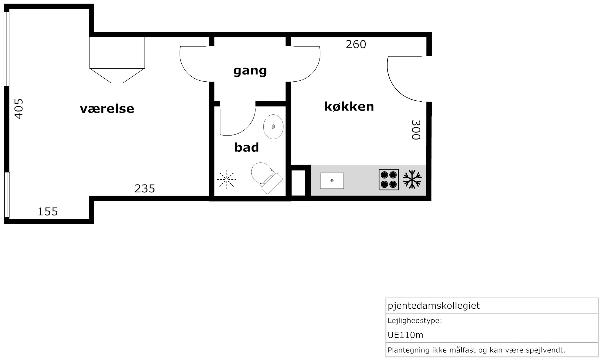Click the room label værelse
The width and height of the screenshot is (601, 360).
point(107,109)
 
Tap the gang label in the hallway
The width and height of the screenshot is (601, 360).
point(250,71)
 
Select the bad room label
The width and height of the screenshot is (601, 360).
point(247,147)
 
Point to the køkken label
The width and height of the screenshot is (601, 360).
point(349,106)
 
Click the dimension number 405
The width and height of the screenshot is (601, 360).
point(19,109)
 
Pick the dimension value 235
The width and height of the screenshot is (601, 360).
point(145,188)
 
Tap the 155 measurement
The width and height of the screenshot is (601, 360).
point(48,212)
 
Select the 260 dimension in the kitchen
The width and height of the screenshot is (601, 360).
point(356,44)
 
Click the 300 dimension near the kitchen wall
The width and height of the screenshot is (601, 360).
point(416,130)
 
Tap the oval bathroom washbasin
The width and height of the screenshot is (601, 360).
point(273,127)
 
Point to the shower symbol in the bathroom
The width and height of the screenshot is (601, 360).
point(227,179)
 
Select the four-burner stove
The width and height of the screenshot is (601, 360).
point(389,179)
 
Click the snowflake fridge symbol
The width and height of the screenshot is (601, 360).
point(412,179)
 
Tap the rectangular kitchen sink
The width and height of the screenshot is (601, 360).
point(332,181)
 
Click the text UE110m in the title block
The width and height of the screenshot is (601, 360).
point(405,335)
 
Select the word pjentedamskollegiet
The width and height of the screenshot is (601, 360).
point(434,306)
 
